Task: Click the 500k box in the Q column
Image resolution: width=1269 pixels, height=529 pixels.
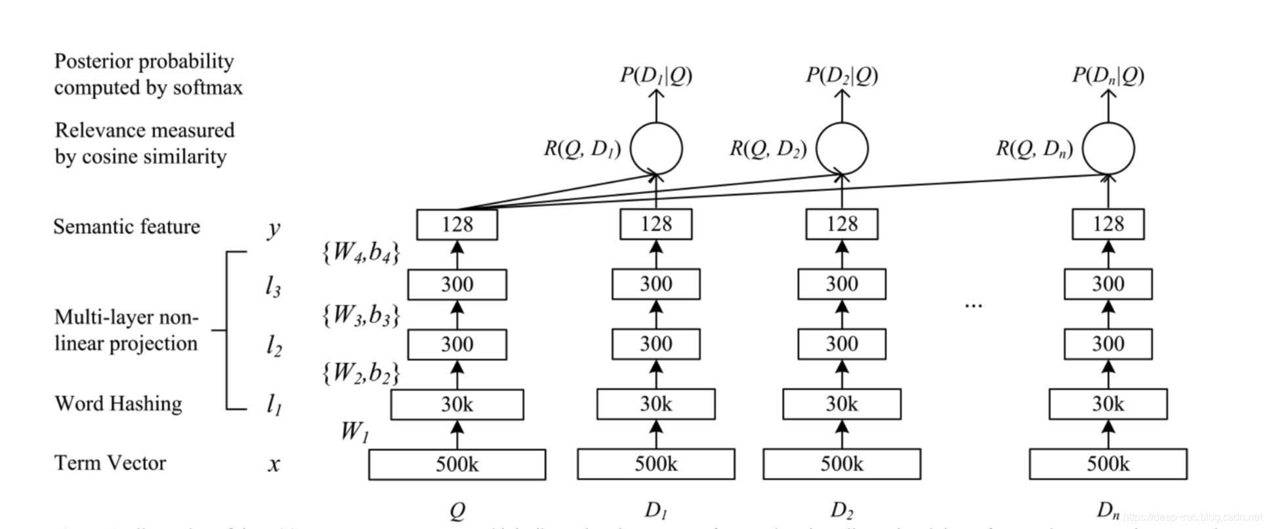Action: tap(457, 465)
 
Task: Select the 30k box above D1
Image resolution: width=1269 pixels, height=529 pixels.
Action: tap(655, 404)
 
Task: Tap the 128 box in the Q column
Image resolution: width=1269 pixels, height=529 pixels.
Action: tap(457, 224)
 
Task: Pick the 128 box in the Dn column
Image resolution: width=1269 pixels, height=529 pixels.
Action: tap(1108, 224)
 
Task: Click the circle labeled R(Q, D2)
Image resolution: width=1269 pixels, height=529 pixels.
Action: tap(842, 148)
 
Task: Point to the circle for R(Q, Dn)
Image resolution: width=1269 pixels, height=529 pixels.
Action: tap(1108, 148)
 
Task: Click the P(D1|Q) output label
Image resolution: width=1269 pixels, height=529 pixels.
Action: tap(655, 76)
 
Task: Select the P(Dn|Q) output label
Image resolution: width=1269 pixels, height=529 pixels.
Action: tap(1108, 76)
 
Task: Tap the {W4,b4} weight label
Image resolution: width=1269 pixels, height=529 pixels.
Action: tap(360, 253)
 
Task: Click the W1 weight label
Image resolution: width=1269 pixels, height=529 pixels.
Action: tap(354, 432)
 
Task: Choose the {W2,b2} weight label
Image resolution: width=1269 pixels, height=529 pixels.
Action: tap(360, 373)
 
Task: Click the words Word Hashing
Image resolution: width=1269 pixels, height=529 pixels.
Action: tap(118, 403)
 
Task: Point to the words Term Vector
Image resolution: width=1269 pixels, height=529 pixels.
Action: tap(110, 463)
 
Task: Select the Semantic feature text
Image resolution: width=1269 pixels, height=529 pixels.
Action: tap(126, 226)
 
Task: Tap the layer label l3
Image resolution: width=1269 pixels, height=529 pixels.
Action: tap(273, 286)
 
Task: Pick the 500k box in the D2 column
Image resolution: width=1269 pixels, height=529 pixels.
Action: tap(841, 465)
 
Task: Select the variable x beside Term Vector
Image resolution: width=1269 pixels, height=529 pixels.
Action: tap(274, 465)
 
